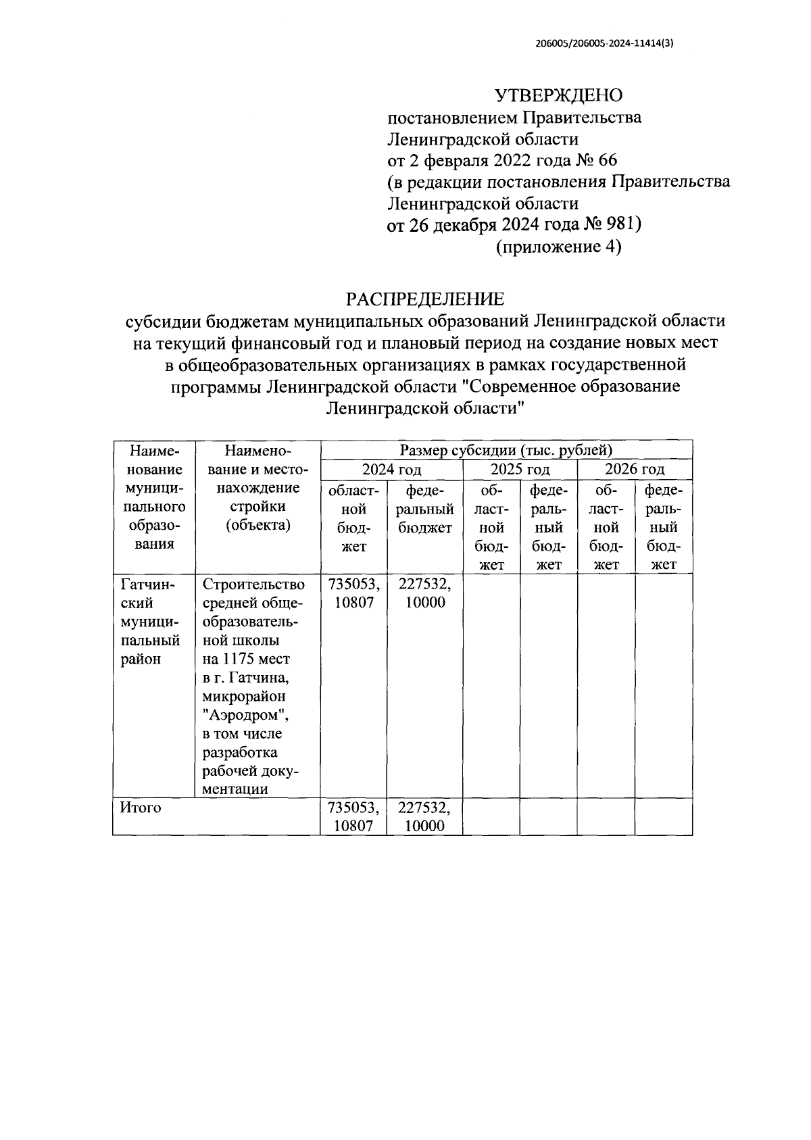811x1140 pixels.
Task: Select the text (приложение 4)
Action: coord(558,247)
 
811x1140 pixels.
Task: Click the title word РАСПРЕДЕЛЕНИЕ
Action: coord(425,298)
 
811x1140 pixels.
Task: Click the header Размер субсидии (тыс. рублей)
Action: coord(506,449)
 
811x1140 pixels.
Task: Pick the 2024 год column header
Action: coord(391,469)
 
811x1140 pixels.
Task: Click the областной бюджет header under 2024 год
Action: coord(353,518)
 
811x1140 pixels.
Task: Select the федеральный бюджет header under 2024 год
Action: coord(424,508)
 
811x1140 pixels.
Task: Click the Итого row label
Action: coord(141,807)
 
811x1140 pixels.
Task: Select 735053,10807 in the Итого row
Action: coord(353,816)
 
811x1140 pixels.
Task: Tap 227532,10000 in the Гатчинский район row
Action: coord(424,593)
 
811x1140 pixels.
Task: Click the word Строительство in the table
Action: coord(253,584)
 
